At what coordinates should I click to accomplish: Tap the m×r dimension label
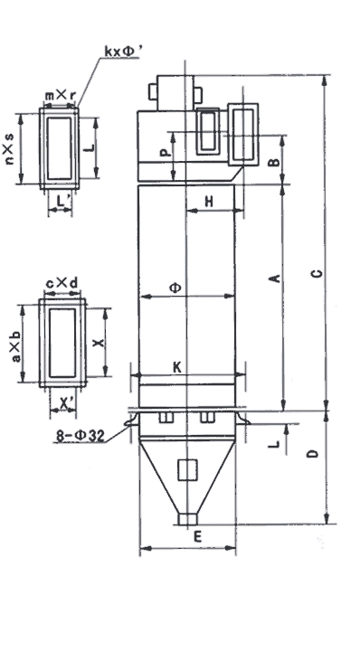click(61, 96)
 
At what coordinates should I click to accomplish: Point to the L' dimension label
click(62, 202)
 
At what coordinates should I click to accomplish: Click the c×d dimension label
click(62, 284)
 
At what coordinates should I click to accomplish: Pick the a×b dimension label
click(15, 346)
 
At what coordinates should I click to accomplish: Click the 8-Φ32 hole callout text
click(81, 435)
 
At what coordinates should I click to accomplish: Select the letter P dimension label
click(166, 152)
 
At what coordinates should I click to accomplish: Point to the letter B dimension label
click(274, 161)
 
